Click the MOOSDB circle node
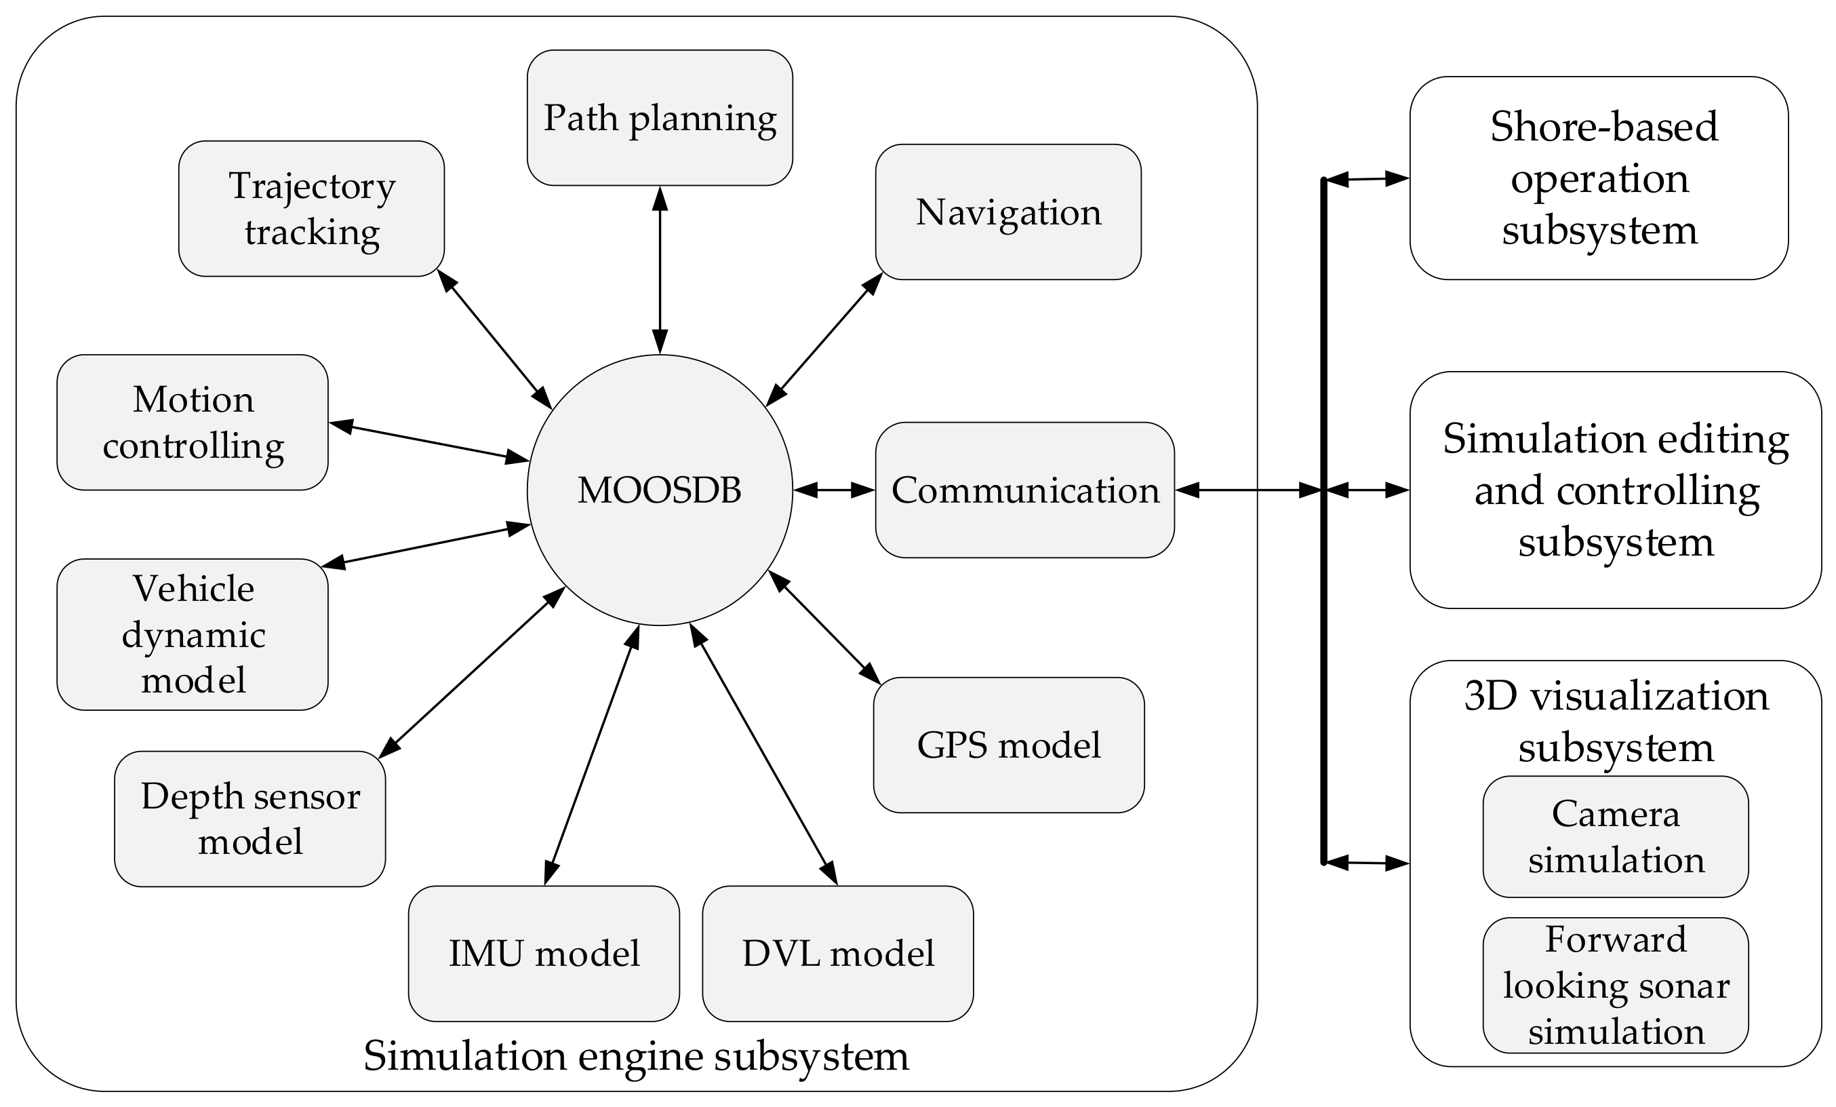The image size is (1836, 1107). (660, 490)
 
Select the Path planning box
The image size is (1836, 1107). (660, 118)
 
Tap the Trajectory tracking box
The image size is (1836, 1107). (311, 209)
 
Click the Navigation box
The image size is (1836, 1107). (1007, 212)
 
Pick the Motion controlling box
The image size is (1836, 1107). (193, 423)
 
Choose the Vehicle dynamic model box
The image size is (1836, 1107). (193, 634)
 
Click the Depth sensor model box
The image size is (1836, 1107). (250, 819)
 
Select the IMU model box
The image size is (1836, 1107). (544, 954)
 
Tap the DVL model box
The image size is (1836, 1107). (837, 954)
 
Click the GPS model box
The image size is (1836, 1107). (1008, 745)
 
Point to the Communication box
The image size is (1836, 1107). (1024, 490)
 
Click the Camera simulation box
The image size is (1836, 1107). (1616, 836)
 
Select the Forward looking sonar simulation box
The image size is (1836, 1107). (1616, 985)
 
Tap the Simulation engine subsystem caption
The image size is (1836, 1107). (635, 1055)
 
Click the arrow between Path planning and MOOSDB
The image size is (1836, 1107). (660, 270)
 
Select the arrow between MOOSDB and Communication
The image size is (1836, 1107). (834, 490)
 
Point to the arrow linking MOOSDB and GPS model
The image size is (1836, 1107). (824, 627)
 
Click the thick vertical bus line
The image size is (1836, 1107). (1323, 671)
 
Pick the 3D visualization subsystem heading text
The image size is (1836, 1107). (1616, 721)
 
